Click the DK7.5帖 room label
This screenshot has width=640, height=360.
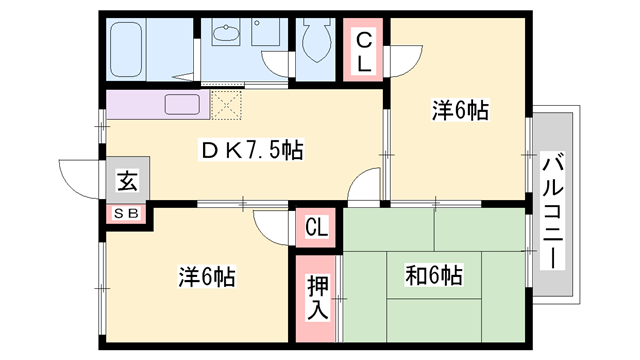click(252, 152)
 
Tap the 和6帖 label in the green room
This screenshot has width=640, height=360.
click(434, 273)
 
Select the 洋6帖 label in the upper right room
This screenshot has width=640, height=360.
click(461, 112)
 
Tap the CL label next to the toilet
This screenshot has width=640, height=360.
click(364, 51)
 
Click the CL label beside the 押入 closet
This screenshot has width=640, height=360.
click(316, 228)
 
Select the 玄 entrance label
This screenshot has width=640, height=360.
click(128, 182)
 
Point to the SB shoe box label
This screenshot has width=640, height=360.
click(127, 212)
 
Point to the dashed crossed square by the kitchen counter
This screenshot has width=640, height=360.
click(226, 103)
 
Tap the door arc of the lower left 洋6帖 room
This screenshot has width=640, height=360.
click(270, 224)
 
